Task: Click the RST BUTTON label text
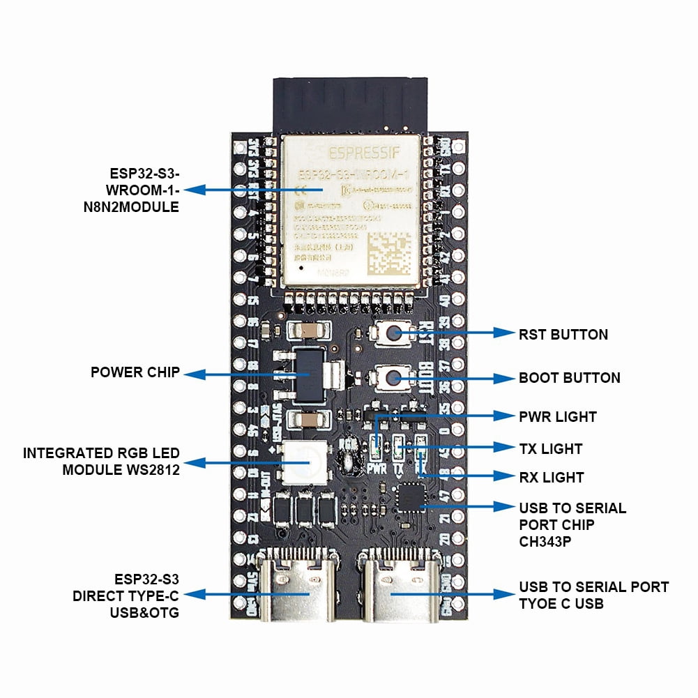tap(563, 335)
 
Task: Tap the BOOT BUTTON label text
tap(569, 378)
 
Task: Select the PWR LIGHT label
tap(557, 417)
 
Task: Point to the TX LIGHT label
tap(551, 448)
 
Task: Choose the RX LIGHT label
tap(551, 478)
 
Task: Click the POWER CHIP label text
tap(135, 372)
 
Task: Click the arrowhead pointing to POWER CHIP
tap(195, 374)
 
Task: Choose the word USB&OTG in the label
tap(144, 613)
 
